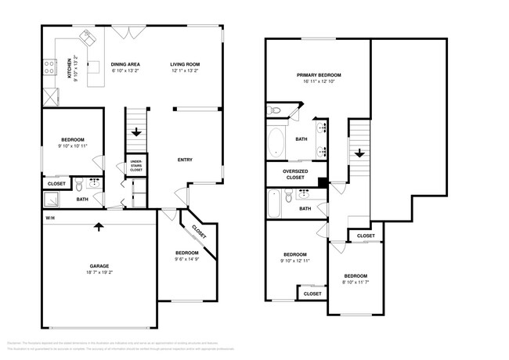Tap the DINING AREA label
point(125,64)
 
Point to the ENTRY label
point(185,160)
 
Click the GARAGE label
point(99,266)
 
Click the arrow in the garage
point(99,228)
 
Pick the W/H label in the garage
point(49,218)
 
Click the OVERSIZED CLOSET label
point(295,175)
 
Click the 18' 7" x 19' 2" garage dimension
point(99,273)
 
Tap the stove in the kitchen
point(49,66)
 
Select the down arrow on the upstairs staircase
point(359,153)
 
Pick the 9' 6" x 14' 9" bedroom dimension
point(186,259)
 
